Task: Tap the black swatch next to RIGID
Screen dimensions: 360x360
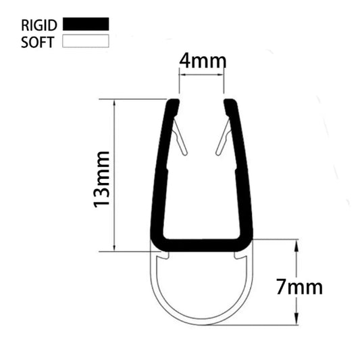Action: (85, 24)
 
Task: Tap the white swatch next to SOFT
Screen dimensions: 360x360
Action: (85, 41)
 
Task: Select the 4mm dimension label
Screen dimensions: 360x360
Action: (202, 61)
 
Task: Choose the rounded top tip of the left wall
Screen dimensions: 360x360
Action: (173, 103)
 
